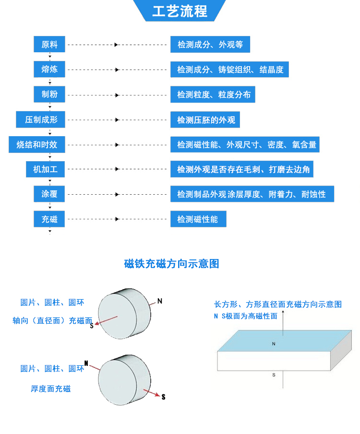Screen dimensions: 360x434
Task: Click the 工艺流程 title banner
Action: click(x=180, y=11)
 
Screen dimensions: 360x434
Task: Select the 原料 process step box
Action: click(x=49, y=45)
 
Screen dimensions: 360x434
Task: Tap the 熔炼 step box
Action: click(x=49, y=70)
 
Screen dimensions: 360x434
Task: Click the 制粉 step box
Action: click(x=49, y=94)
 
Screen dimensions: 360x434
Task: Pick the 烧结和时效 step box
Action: click(x=36, y=144)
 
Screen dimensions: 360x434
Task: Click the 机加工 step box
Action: click(x=45, y=169)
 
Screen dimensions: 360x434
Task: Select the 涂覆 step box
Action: click(x=49, y=194)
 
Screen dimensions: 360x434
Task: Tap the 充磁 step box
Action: click(x=49, y=219)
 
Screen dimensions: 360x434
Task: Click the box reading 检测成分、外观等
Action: click(x=210, y=45)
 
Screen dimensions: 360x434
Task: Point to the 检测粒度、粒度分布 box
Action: click(x=213, y=94)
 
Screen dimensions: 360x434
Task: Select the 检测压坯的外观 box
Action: click(x=205, y=119)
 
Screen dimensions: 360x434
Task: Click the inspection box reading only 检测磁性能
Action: click(x=198, y=219)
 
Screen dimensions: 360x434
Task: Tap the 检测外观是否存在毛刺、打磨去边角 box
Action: click(x=242, y=169)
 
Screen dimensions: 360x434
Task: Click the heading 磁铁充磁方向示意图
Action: click(x=171, y=264)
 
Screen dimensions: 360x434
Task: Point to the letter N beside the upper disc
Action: click(x=160, y=301)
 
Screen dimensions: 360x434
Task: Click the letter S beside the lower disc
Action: click(x=163, y=397)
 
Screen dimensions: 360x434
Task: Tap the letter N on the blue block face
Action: click(x=274, y=344)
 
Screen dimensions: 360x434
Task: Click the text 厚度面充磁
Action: click(x=51, y=389)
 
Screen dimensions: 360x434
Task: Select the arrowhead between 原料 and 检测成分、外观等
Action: click(x=116, y=45)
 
